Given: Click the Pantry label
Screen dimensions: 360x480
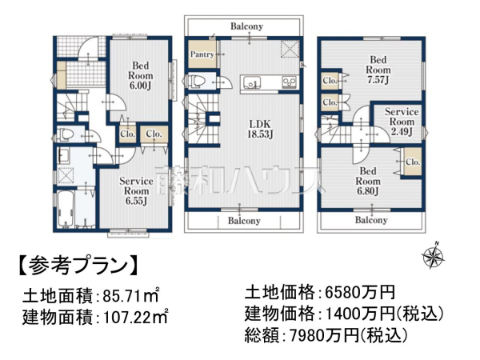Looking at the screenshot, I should pyautogui.click(x=201, y=54).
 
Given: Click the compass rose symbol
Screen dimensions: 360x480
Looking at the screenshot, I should pyautogui.click(x=434, y=257).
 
